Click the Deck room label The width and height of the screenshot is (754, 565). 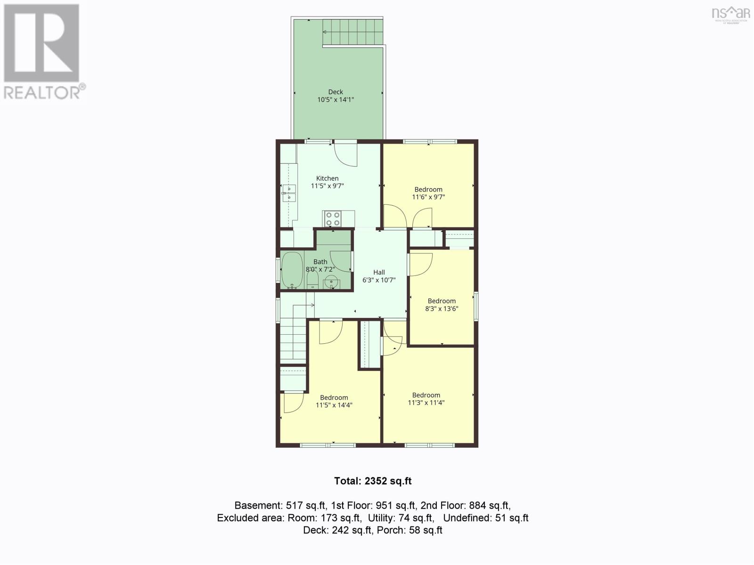click(335, 92)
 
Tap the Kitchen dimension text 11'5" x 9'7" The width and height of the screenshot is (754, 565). click(328, 186)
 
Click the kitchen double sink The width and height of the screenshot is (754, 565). click(289, 193)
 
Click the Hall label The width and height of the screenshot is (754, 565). click(379, 272)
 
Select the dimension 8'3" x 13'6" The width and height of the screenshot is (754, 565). click(442, 308)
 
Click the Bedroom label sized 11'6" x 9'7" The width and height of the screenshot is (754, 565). click(428, 189)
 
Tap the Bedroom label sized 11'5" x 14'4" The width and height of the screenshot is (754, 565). click(334, 397)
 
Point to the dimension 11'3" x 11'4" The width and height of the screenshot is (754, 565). click(426, 403)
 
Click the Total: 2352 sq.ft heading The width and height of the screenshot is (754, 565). click(373, 481)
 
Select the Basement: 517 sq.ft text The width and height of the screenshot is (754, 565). click(279, 505)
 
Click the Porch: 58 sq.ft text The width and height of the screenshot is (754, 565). click(410, 530)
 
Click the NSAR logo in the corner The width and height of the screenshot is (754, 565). click(730, 15)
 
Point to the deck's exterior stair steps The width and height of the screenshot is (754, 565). click(352, 32)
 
